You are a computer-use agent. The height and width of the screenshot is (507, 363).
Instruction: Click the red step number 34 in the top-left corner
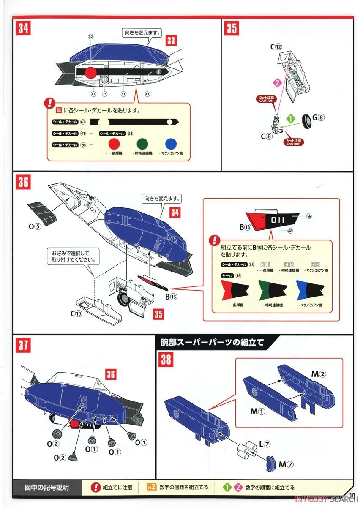pyautogui.click(x=23, y=29)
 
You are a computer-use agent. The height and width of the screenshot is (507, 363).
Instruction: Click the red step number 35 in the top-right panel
pyautogui.click(x=232, y=29)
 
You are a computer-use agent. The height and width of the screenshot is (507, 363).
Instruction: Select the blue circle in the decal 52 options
pyautogui.click(x=171, y=144)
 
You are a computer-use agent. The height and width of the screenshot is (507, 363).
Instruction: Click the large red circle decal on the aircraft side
pyautogui.click(x=90, y=73)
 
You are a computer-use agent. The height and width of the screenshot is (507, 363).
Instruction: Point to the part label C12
pyautogui.click(x=276, y=47)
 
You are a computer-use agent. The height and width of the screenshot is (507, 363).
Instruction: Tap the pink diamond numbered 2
pyautogui.click(x=277, y=83)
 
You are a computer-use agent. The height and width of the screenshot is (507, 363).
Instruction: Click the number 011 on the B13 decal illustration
pyautogui.click(x=279, y=220)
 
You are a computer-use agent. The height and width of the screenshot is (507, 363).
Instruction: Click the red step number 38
pyautogui.click(x=166, y=360)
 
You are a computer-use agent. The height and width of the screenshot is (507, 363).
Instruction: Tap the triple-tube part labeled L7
pyautogui.click(x=244, y=447)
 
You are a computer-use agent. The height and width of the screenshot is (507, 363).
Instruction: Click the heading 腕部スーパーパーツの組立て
pyautogui.click(x=212, y=342)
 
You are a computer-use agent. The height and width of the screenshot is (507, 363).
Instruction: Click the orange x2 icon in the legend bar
pyautogui.click(x=151, y=487)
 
